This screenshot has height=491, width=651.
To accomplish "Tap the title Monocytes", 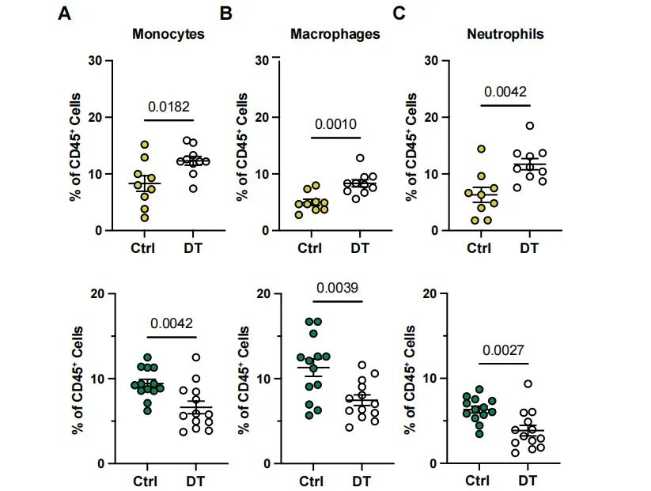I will coord(168,34).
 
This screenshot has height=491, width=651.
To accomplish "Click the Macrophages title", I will coord(335,34).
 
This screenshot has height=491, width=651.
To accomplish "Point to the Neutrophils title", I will coord(505,34).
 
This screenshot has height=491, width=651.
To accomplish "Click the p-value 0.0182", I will coord(168,106).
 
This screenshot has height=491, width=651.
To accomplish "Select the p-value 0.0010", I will coord(335,124).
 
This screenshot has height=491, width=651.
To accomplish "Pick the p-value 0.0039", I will coord(335,288).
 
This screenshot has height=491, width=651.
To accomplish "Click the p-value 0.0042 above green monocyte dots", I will coord(168,323).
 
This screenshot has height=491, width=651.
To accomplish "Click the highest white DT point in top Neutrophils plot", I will coord(529,126).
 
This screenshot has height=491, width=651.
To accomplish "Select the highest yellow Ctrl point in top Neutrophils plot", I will coord(481,149).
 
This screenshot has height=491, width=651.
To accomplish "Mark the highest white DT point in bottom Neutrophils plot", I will coord(529,384).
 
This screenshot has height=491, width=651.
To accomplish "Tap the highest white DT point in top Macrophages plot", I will coord(360,158).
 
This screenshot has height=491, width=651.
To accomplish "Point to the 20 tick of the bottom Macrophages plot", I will coord(265,294).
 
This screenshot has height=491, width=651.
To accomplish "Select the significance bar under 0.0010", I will coord(335,138).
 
